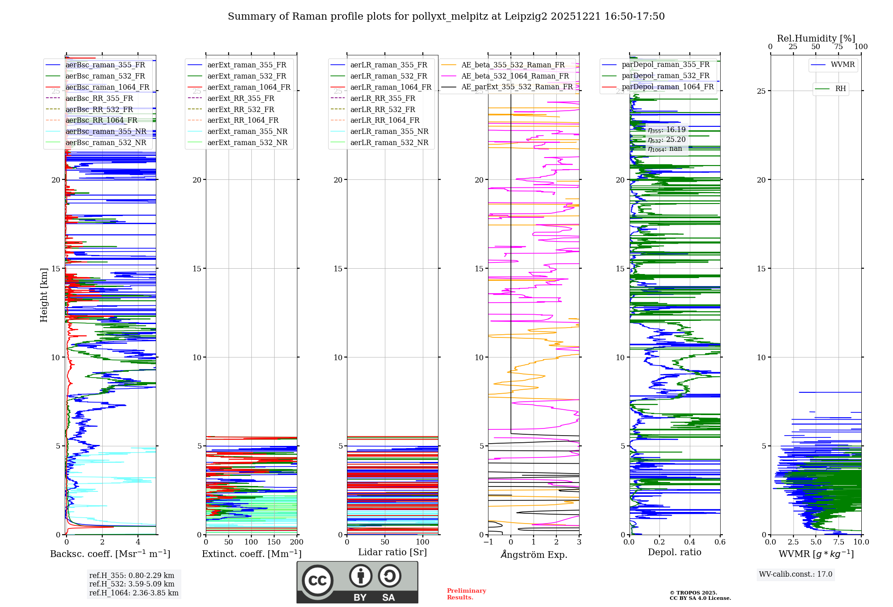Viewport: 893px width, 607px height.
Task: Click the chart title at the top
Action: point(446,17)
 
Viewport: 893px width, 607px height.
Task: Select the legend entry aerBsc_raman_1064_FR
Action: point(107,87)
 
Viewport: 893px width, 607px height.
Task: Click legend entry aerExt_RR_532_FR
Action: point(241,109)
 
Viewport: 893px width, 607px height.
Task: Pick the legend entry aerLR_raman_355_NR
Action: point(389,131)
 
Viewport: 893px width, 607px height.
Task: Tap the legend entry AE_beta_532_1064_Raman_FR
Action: point(515,76)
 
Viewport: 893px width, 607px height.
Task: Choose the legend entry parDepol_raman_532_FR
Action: point(665,76)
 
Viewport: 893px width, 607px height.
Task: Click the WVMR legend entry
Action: point(843,65)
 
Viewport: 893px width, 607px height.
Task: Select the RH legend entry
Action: point(840,89)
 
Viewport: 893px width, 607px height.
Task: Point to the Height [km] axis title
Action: point(44,295)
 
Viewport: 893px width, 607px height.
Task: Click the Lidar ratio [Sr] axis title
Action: point(392,552)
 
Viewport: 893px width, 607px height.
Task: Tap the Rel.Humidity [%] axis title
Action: point(816,38)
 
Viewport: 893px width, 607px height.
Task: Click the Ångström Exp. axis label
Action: point(534,554)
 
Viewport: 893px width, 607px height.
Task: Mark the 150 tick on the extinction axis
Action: point(274,542)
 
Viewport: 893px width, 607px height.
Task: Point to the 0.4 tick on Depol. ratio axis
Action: point(690,542)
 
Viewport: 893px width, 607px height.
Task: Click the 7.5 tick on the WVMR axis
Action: point(839,542)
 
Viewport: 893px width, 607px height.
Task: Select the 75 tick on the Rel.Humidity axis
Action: point(839,46)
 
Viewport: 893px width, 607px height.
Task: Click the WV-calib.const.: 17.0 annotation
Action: point(796,574)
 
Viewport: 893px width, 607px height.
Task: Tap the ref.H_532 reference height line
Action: point(132,584)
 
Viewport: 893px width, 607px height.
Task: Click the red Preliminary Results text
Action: point(466,594)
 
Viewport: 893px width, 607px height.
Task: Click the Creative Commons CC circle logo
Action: point(317,581)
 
